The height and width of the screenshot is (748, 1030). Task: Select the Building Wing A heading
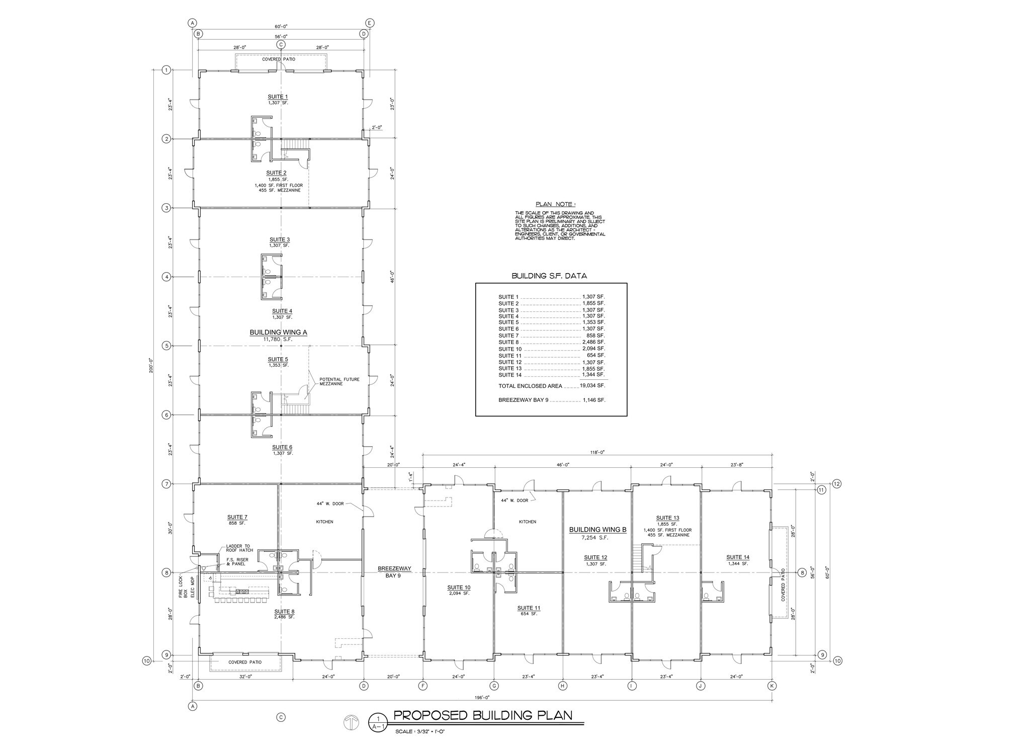[278, 333]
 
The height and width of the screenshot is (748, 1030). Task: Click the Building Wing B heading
[597, 530]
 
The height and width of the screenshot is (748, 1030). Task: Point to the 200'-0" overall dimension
[151, 363]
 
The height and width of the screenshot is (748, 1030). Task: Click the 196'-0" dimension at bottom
[482, 697]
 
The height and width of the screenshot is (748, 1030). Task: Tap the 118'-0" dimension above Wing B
[597, 452]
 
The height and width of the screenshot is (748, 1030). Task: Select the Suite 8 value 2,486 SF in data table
[593, 342]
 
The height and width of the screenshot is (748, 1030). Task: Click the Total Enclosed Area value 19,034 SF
[593, 386]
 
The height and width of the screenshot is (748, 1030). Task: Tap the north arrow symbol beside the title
[351, 723]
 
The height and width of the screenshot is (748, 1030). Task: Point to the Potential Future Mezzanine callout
[339, 381]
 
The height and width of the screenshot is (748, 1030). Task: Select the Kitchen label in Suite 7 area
[324, 522]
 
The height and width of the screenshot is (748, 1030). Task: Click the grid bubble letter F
[423, 685]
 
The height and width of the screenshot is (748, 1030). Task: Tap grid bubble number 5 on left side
[166, 346]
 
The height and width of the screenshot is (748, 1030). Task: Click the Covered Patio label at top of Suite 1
[279, 59]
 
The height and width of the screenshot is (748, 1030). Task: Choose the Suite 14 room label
[738, 557]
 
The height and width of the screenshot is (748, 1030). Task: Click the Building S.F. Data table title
[549, 276]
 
